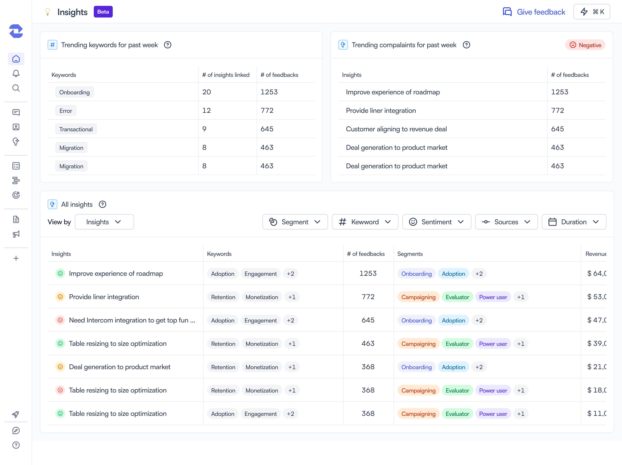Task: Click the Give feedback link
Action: (x=534, y=12)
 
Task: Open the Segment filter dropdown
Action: (x=295, y=222)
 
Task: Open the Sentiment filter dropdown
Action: (x=436, y=222)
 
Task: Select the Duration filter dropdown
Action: (x=574, y=222)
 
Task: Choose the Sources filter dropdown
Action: (x=506, y=222)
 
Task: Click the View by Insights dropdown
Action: (x=104, y=222)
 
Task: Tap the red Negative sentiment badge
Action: (x=585, y=45)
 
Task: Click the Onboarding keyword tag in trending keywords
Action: (x=75, y=92)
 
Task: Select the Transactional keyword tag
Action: (x=76, y=129)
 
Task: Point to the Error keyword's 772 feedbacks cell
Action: (x=267, y=110)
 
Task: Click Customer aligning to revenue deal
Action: (x=396, y=129)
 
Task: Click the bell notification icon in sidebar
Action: (x=16, y=73)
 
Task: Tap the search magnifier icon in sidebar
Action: (x=16, y=88)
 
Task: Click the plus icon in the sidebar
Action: (x=16, y=258)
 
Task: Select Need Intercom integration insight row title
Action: (x=132, y=320)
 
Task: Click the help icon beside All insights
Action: (x=102, y=204)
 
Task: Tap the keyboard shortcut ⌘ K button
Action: (x=592, y=12)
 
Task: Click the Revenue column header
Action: (x=596, y=254)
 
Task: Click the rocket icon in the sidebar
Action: (x=16, y=414)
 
